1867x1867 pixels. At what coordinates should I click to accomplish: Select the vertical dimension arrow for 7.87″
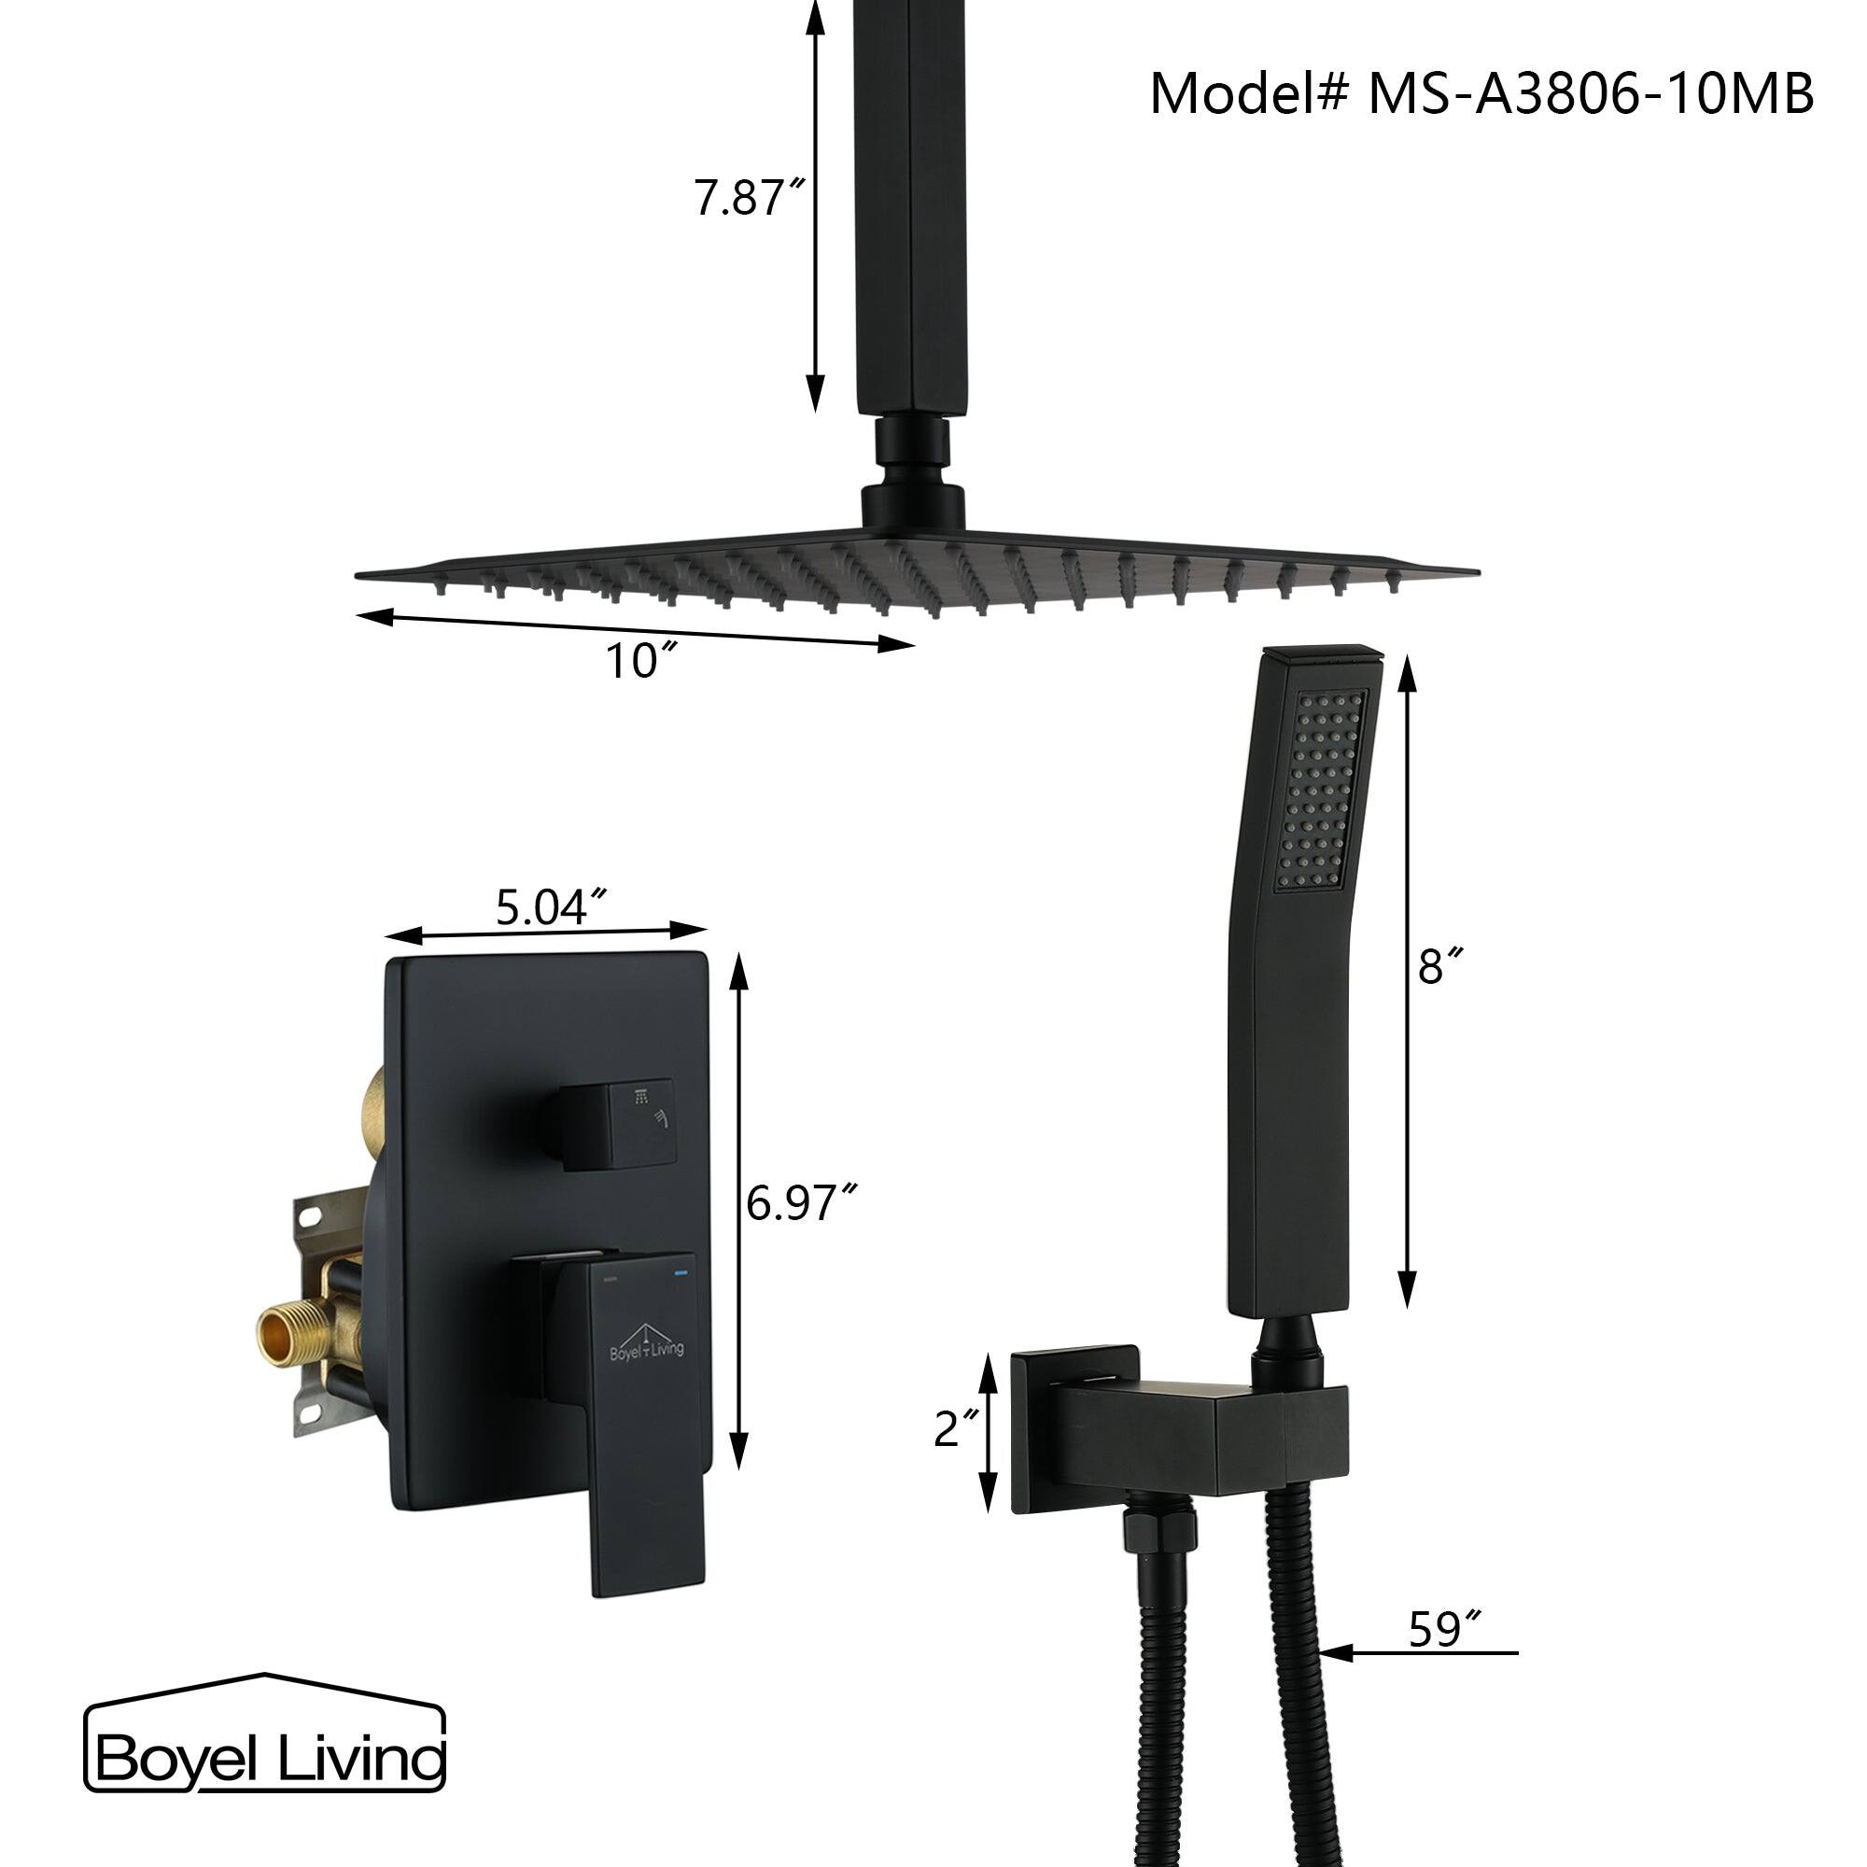817,203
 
